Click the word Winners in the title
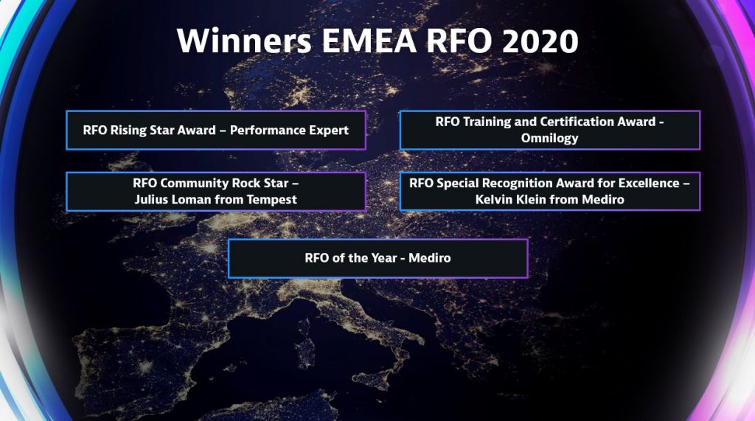click(245, 41)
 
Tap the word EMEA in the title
click(369, 41)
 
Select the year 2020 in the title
click(540, 41)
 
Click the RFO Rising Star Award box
click(216, 130)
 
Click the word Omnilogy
click(549, 139)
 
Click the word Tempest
click(272, 199)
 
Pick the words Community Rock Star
click(224, 183)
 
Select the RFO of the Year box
click(378, 258)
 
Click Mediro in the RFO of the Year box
click(430, 258)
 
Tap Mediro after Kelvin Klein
click(603, 199)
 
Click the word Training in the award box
click(487, 122)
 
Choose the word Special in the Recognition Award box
click(456, 183)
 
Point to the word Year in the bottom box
click(383, 258)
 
